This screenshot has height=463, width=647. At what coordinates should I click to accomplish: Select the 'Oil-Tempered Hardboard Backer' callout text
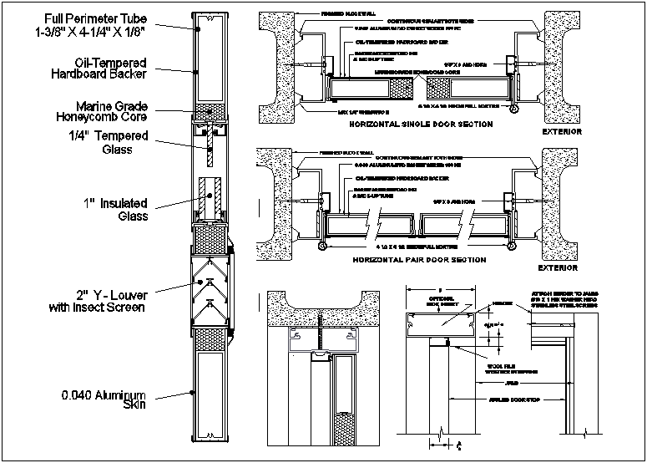(110, 68)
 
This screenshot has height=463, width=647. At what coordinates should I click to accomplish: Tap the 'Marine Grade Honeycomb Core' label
(111, 112)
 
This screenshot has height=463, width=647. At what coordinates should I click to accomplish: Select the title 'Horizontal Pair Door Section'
(419, 260)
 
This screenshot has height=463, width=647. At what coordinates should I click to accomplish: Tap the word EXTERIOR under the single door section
(561, 132)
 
